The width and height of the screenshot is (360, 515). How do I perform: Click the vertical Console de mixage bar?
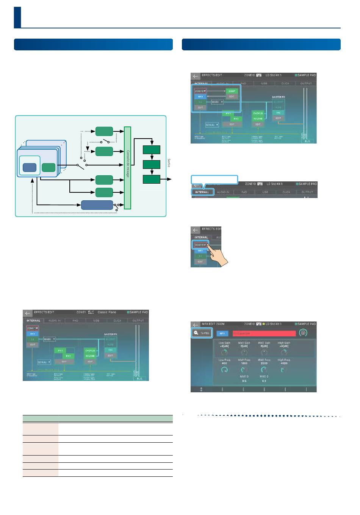(127, 168)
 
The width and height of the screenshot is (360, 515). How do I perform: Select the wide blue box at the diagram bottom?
(97, 205)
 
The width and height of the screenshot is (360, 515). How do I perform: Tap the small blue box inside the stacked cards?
(30, 167)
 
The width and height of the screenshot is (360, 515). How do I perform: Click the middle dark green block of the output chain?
(152, 165)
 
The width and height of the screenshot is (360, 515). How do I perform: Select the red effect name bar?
(264, 333)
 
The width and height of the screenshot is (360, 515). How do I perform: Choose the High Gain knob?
(283, 352)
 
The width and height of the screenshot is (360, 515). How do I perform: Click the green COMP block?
(232, 91)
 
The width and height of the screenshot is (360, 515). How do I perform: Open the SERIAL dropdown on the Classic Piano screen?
(44, 362)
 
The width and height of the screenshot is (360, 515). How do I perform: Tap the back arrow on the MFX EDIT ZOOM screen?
(196, 325)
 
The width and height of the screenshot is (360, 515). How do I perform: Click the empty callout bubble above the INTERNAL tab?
(214, 179)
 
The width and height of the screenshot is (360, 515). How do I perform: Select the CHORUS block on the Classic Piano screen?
(90, 351)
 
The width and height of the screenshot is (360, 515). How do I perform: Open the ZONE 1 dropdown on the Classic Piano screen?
(33, 328)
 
